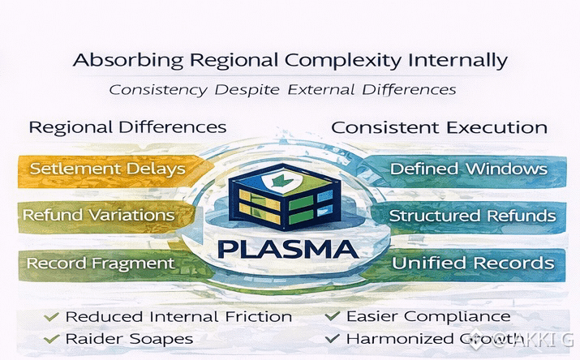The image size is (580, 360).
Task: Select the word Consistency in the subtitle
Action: click(x=157, y=88)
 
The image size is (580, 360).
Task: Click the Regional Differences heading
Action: click(x=127, y=127)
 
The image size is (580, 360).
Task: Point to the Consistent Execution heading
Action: click(x=439, y=127)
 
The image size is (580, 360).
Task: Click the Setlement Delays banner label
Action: click(x=107, y=169)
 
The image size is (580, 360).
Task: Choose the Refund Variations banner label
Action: click(x=98, y=216)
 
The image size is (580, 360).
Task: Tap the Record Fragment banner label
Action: click(x=100, y=263)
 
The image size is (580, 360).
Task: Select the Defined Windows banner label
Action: click(x=468, y=169)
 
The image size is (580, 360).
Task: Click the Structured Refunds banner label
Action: click(x=472, y=216)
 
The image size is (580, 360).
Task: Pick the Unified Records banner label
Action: click(x=473, y=263)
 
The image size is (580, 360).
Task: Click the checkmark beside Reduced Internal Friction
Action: click(x=52, y=316)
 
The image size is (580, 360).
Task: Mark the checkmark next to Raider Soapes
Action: click(x=52, y=337)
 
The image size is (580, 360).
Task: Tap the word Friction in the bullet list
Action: click(x=256, y=316)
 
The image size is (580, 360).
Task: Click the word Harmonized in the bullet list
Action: click(x=393, y=337)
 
